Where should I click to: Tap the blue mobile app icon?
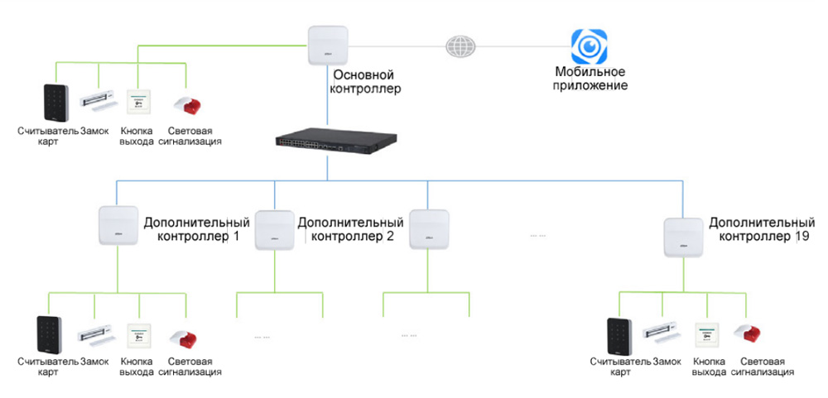coord(589,46)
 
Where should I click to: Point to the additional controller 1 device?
coord(118,225)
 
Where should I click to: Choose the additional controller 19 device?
coord(684,237)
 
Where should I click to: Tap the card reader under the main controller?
coord(51,103)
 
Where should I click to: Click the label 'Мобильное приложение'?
coord(590,79)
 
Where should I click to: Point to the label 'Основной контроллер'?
coord(366,81)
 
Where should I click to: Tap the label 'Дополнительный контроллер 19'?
coord(762,230)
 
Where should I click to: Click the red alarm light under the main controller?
coord(187,105)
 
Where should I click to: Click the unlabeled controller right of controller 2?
coord(428,228)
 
